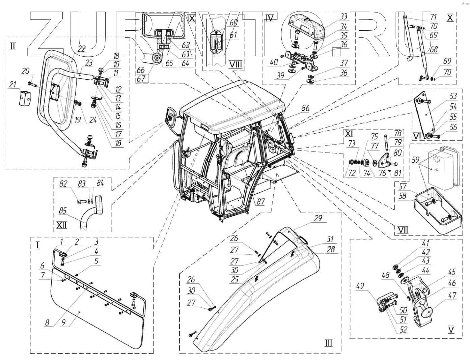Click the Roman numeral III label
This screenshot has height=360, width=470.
(328, 343)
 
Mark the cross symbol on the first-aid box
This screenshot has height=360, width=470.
(438, 157)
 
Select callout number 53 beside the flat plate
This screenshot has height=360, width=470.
(453, 97)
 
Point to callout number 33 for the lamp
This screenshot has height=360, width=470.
(334, 17)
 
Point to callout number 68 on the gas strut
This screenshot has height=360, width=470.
(434, 50)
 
